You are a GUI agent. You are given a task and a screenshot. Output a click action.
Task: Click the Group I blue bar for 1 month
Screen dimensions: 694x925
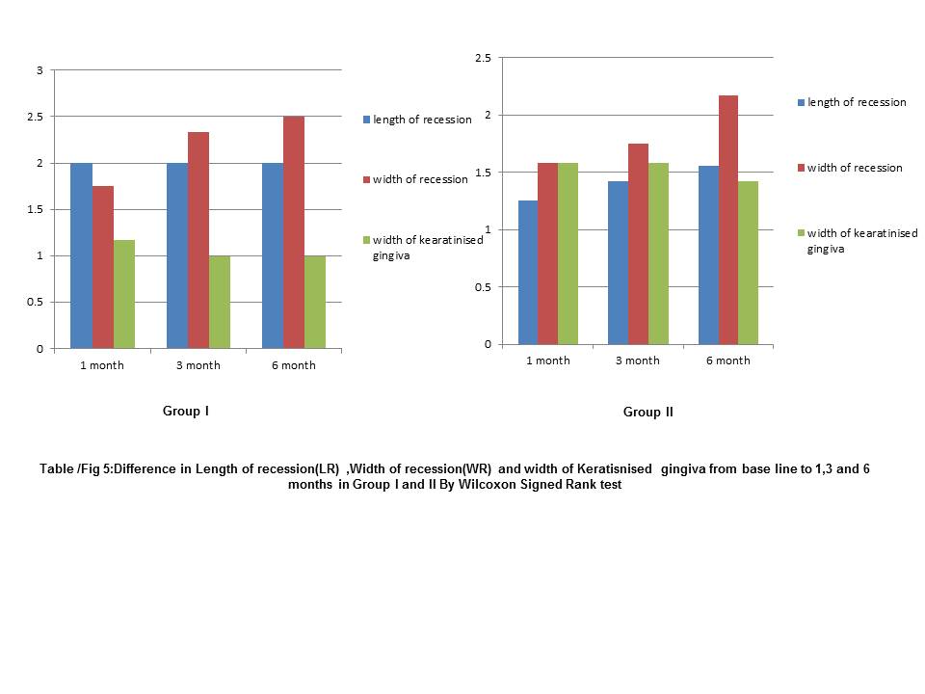81,255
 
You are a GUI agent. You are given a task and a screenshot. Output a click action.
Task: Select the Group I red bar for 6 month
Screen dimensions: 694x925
294,232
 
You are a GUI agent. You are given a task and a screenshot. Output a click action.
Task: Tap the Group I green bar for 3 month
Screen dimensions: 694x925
219,302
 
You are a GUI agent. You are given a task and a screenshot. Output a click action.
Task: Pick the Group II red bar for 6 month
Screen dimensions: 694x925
727,220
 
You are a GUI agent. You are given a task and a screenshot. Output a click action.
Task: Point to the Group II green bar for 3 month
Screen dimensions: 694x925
658,254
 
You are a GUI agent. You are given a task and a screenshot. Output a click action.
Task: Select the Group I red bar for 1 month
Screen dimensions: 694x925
103,267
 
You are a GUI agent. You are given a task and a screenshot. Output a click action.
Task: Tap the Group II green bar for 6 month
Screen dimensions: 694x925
748,262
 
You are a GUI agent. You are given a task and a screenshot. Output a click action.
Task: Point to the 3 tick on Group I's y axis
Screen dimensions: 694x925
40,70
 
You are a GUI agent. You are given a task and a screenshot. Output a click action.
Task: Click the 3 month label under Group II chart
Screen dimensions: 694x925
637,360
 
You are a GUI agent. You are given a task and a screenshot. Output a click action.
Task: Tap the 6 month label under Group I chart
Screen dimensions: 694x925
294,365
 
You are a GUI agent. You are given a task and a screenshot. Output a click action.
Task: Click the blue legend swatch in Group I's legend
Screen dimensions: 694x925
366,120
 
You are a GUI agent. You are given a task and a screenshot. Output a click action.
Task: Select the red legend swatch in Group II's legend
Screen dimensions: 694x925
801,169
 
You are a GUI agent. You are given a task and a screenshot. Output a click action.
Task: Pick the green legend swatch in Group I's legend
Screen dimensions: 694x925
366,240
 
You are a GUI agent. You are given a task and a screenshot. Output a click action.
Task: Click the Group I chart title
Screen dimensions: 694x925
186,412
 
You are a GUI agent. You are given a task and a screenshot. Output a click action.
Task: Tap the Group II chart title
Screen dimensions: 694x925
647,413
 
